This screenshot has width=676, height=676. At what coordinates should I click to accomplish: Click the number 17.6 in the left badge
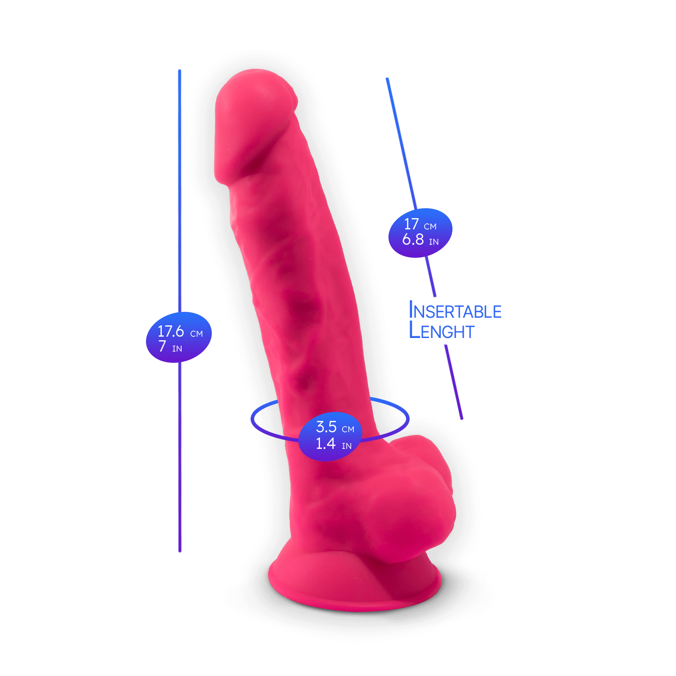coord(171,331)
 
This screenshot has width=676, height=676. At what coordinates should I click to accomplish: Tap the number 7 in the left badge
coord(162,346)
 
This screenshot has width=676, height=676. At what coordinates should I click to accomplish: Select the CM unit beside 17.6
coord(196,334)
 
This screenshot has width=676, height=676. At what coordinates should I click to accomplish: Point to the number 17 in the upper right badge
coord(411,224)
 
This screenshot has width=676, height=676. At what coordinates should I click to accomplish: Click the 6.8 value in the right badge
coord(413,239)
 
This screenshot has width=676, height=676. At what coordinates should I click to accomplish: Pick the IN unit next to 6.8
coord(434,242)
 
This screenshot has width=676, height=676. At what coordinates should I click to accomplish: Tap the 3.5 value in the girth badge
coord(326,426)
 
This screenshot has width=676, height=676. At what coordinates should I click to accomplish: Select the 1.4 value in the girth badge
coord(325,443)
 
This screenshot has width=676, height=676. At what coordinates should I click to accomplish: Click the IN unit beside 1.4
coord(347,446)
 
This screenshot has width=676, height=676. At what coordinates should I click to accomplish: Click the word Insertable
coord(455,311)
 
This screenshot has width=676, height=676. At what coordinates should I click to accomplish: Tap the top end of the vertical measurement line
coord(179,71)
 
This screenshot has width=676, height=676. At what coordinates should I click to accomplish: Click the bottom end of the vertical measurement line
coord(180,551)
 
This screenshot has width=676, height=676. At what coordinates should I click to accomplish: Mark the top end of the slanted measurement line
coord(387,79)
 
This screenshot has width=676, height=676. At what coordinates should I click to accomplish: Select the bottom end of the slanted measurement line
coord(461,418)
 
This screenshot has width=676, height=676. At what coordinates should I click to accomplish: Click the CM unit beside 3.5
coord(348,429)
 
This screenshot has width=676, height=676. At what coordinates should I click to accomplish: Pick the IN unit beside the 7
coord(177,349)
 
